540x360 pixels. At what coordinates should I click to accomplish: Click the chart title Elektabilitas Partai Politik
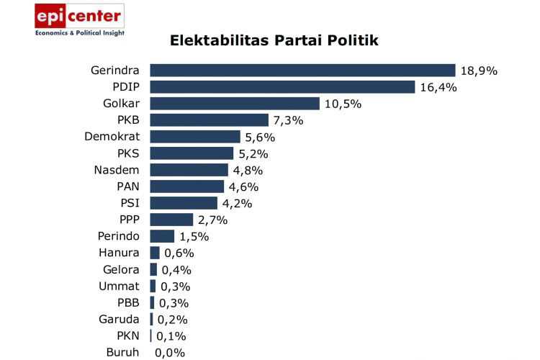pyautogui.click(x=274, y=40)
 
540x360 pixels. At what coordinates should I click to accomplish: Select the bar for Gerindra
pyautogui.click(x=302, y=71)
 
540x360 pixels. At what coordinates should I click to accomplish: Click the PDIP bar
pyautogui.click(x=282, y=87)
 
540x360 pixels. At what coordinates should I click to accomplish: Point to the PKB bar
pyautogui.click(x=209, y=120)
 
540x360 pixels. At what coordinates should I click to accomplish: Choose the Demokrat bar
pyautogui.click(x=195, y=137)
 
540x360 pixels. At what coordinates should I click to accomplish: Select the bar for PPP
pyautogui.click(x=171, y=220)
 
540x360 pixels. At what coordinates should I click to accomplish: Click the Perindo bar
pyautogui.click(x=162, y=236)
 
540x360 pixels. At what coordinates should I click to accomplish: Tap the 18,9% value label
pyautogui.click(x=479, y=71)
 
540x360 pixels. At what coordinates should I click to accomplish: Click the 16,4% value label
pyautogui.click(x=438, y=87)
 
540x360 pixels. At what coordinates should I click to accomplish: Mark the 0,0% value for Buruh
pyautogui.click(x=170, y=353)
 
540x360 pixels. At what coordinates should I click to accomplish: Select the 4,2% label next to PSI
pyautogui.click(x=237, y=203)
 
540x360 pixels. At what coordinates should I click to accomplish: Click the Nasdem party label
pyautogui.click(x=117, y=170)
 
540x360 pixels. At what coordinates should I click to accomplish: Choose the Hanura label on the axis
pyautogui.click(x=120, y=253)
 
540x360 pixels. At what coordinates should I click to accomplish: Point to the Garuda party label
pyautogui.click(x=119, y=319)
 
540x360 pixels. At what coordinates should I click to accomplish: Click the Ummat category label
pyautogui.click(x=119, y=286)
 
